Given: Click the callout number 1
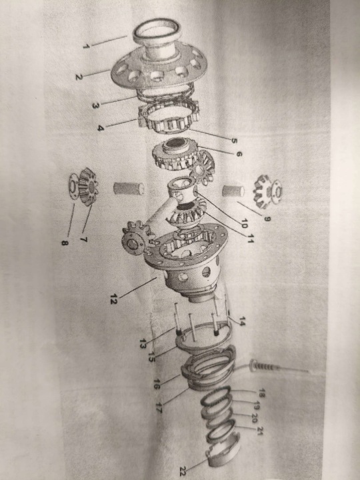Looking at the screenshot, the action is tap(86, 47).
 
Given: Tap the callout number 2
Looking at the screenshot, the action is tap(79, 77).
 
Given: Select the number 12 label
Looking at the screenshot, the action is tap(114, 299).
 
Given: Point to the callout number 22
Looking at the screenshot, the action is tap(183, 470).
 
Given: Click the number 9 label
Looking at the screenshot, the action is tap(267, 219).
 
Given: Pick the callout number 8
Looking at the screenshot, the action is tap(65, 243).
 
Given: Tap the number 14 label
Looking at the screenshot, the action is tap(242, 321).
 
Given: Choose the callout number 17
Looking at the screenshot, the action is tap(159, 408).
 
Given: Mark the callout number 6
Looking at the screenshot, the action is tap(239, 154).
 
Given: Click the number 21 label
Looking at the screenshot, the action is tap(261, 431).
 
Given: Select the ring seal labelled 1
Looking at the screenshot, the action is tap(157, 31).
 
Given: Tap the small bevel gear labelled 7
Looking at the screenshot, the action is tap(88, 187).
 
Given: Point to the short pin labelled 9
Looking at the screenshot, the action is tap(233, 191).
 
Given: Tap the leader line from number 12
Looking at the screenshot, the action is tap(138, 287).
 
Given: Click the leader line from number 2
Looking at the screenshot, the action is tap(97, 73).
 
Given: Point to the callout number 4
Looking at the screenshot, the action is tap(101, 127).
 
